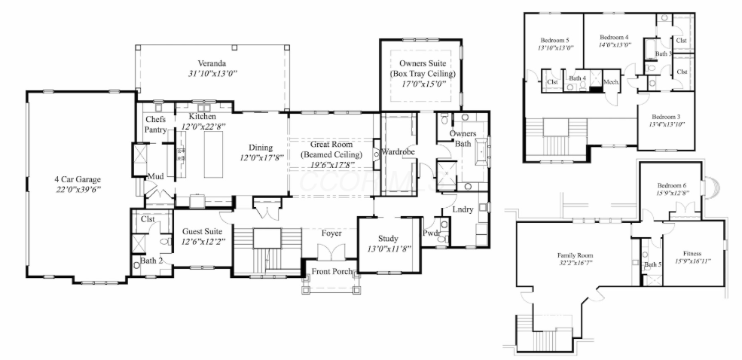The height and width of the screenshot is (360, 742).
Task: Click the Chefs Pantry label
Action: pyautogui.click(x=156, y=124)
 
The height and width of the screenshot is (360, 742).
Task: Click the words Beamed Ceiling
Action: pyautogui.click(x=331, y=154)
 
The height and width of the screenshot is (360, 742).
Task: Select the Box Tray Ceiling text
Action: pyautogui.click(x=423, y=74)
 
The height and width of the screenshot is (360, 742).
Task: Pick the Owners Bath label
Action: pyautogui.click(x=463, y=139)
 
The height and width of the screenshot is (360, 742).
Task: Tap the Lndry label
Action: pyautogui.click(x=463, y=209)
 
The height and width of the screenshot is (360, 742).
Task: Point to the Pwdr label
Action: pyautogui.click(x=431, y=233)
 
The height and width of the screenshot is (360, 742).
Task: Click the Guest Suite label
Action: pyautogui.click(x=201, y=231)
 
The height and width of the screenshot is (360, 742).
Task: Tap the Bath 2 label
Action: pyautogui.click(x=150, y=261)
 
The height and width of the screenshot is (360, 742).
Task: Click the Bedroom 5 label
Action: pyautogui.click(x=555, y=39)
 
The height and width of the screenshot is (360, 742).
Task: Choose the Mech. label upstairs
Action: pyautogui.click(x=610, y=82)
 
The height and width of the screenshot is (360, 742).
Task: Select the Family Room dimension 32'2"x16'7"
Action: pyautogui.click(x=576, y=265)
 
